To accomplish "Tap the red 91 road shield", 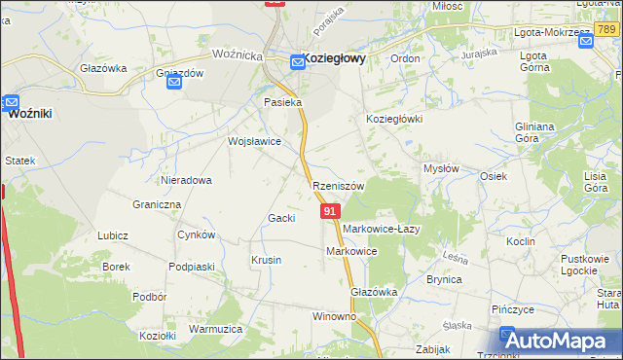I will (x=330, y=210).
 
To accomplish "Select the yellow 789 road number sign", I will (x=609, y=32).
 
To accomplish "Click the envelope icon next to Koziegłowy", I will (x=298, y=63).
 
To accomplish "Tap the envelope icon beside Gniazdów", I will (x=173, y=82).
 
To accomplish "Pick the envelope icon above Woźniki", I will (x=11, y=100).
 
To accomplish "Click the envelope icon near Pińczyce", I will (x=507, y=334).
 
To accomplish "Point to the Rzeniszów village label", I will (x=338, y=185).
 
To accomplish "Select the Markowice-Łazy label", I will (x=381, y=229).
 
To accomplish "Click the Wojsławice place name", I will (x=254, y=141).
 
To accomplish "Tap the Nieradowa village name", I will (x=187, y=180).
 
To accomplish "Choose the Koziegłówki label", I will (x=393, y=119).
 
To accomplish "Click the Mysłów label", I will (x=441, y=168).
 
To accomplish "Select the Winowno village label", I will (x=334, y=317).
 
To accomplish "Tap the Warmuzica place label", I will (x=215, y=329).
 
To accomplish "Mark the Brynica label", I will (x=444, y=279).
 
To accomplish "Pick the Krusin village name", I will (x=267, y=260).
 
